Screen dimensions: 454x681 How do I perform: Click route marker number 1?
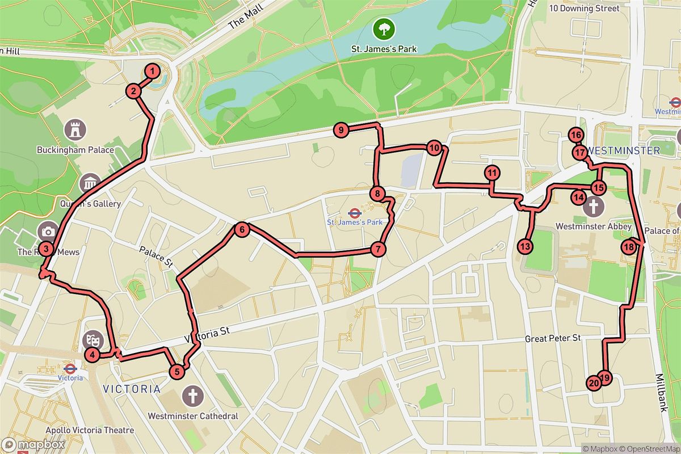pyautogui.click(x=152, y=72)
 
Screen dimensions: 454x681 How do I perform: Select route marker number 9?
pyautogui.click(x=340, y=131)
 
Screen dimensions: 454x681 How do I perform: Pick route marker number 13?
pyautogui.click(x=526, y=246)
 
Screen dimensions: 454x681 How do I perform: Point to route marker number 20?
pyautogui.click(x=594, y=384)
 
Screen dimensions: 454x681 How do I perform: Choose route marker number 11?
pyautogui.click(x=491, y=173)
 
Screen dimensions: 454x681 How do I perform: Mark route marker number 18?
pyautogui.click(x=628, y=247)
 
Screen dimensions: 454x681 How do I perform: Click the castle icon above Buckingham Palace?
pyautogui.click(x=75, y=129)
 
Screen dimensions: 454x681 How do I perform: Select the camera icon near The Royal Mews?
pyautogui.click(x=48, y=231)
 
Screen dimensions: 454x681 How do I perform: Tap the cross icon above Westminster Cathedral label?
pyautogui.click(x=193, y=395)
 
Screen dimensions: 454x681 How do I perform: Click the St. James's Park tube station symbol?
pyautogui.click(x=355, y=212)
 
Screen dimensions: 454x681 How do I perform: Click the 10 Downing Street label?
pyautogui.click(x=584, y=9)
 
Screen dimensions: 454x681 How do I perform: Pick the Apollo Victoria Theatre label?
pyautogui.click(x=90, y=430)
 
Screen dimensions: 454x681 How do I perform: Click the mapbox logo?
pyautogui.click(x=33, y=444)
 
